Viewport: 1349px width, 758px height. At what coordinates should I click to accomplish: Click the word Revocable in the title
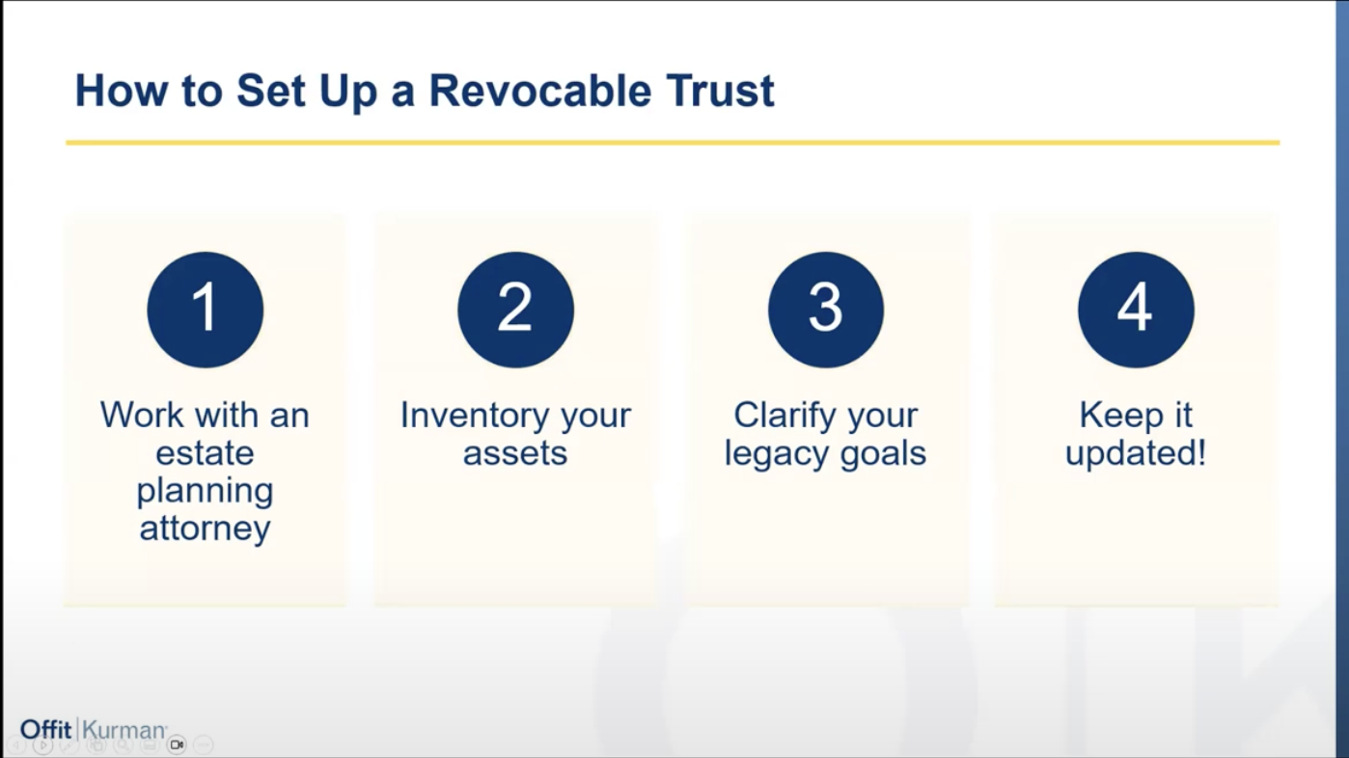(539, 91)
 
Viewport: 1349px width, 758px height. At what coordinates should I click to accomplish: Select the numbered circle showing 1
(206, 310)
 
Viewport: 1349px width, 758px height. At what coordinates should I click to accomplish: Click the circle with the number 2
(515, 310)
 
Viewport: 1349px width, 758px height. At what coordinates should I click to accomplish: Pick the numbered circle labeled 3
(826, 310)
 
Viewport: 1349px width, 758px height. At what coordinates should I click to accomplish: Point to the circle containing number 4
(1136, 310)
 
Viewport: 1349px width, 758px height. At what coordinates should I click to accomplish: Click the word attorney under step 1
(205, 529)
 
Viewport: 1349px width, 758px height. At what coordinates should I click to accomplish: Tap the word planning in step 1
(205, 492)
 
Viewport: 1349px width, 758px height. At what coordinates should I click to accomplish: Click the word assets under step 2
(515, 453)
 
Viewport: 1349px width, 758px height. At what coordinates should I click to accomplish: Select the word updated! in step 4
(1136, 453)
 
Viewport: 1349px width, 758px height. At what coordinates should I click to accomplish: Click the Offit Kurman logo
(94, 730)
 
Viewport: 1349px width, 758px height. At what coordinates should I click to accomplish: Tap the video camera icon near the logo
(177, 744)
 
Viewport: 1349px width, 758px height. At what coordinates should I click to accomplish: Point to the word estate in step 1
(205, 453)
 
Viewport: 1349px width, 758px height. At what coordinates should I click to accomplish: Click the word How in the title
(121, 91)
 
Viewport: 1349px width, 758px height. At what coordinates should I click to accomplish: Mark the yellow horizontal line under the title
(673, 143)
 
